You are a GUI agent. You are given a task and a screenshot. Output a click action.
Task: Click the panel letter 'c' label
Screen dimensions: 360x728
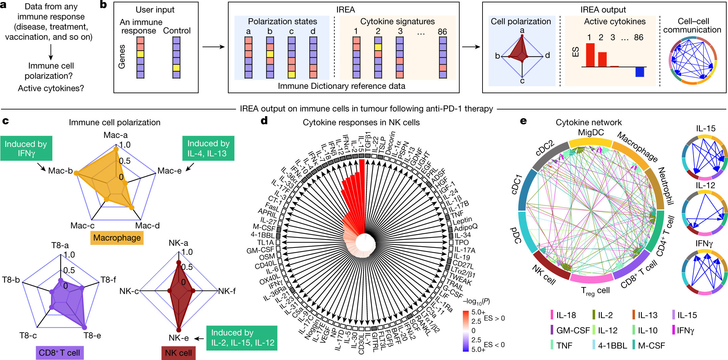coord(5,121)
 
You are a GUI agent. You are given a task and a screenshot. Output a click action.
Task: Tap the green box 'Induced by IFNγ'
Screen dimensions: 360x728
coord(26,148)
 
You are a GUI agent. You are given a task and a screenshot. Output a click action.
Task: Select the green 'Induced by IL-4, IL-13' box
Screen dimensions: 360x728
coord(208,148)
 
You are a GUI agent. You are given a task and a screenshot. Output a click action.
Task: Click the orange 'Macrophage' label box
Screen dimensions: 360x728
coord(117,238)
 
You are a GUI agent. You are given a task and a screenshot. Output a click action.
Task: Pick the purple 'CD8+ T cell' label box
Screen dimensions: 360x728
coord(59,353)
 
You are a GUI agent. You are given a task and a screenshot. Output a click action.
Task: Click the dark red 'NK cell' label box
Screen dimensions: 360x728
coord(178,353)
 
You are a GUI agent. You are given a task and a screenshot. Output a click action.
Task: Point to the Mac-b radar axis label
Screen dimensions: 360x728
coord(60,171)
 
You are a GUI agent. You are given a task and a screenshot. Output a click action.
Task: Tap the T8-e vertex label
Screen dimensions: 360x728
coord(92,336)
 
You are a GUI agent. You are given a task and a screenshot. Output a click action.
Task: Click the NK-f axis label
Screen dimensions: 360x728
coord(227,291)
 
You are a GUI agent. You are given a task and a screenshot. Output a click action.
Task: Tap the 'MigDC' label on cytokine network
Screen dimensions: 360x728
coord(591,132)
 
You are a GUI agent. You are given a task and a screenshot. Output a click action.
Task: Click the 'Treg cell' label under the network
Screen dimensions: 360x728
coord(595,291)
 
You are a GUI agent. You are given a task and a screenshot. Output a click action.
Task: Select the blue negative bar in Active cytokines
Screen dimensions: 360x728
coord(640,72)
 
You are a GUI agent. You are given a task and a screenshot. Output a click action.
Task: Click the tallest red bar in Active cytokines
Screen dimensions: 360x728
coord(590,55)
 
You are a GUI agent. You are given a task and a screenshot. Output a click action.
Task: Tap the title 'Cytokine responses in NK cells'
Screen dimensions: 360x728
coord(361,122)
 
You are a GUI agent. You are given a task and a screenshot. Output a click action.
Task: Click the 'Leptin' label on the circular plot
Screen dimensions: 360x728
coord(462,221)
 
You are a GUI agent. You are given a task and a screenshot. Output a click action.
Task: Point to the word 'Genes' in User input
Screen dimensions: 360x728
coord(122,57)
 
